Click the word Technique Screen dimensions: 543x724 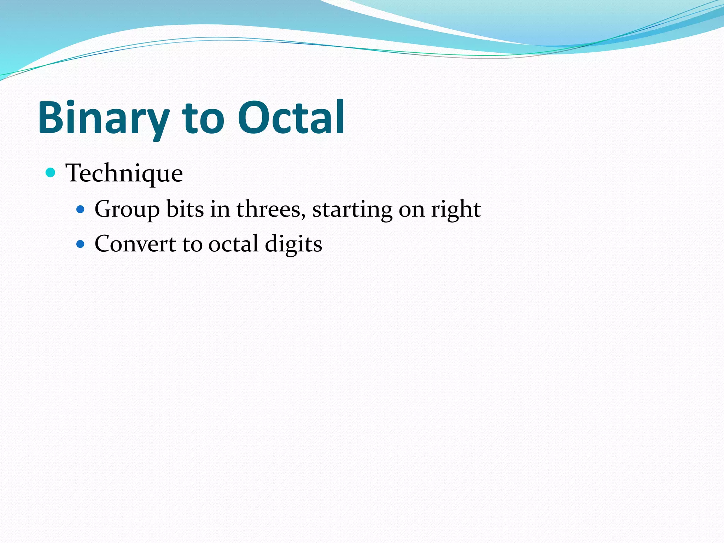tap(124, 173)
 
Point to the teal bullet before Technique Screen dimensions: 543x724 tap(51, 173)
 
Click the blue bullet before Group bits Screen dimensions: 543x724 tap(81, 210)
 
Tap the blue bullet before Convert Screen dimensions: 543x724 tap(81, 244)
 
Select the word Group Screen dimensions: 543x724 tap(127, 209)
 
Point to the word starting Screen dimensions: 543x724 tap(352, 209)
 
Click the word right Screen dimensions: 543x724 tap(456, 209)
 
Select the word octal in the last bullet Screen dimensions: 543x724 tap(233, 244)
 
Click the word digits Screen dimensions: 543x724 tap(293, 244)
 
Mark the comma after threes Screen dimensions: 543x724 tap(304, 216)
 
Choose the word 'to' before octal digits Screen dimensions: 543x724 tap(192, 244)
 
